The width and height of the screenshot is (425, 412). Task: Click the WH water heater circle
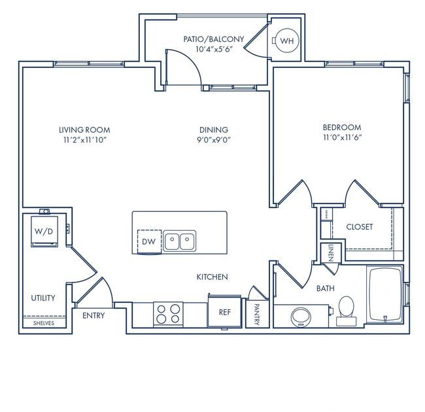coord(286,41)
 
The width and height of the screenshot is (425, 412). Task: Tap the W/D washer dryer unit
coord(43,232)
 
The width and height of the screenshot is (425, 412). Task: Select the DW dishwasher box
coord(148,241)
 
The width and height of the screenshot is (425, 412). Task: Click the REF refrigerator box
coord(224,311)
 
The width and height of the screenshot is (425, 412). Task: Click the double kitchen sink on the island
coord(179,241)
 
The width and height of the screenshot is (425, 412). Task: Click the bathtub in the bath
coord(386,294)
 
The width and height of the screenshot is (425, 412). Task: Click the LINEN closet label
coord(331,252)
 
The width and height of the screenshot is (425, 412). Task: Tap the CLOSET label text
coord(359,227)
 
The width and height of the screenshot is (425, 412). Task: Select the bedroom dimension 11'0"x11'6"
coord(341,138)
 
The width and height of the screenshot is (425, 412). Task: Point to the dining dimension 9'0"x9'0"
coord(214,140)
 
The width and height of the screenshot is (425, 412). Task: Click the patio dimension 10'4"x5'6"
coord(213,50)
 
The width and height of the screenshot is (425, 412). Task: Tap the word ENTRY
coord(94,316)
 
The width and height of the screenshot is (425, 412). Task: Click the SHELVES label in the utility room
coord(44,324)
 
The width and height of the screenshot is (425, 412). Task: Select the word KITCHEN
coord(212,277)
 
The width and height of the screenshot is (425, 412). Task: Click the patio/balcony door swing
coord(183,69)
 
